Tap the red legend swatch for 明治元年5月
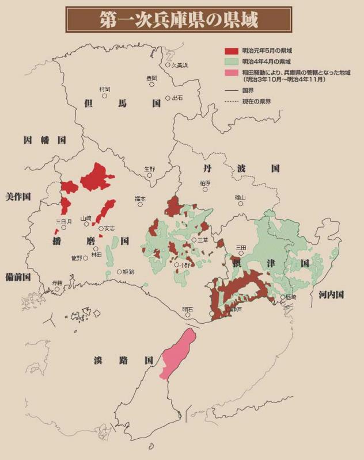coord(232,51)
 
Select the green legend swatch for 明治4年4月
coord(232,62)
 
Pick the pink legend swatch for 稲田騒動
coord(232,72)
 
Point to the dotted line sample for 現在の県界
coord(232,101)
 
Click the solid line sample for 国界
coord(232,91)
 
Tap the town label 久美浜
coord(180,66)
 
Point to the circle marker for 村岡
coord(105,96)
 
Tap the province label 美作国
coord(18,196)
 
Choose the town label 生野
coord(149,169)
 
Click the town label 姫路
coord(128,272)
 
